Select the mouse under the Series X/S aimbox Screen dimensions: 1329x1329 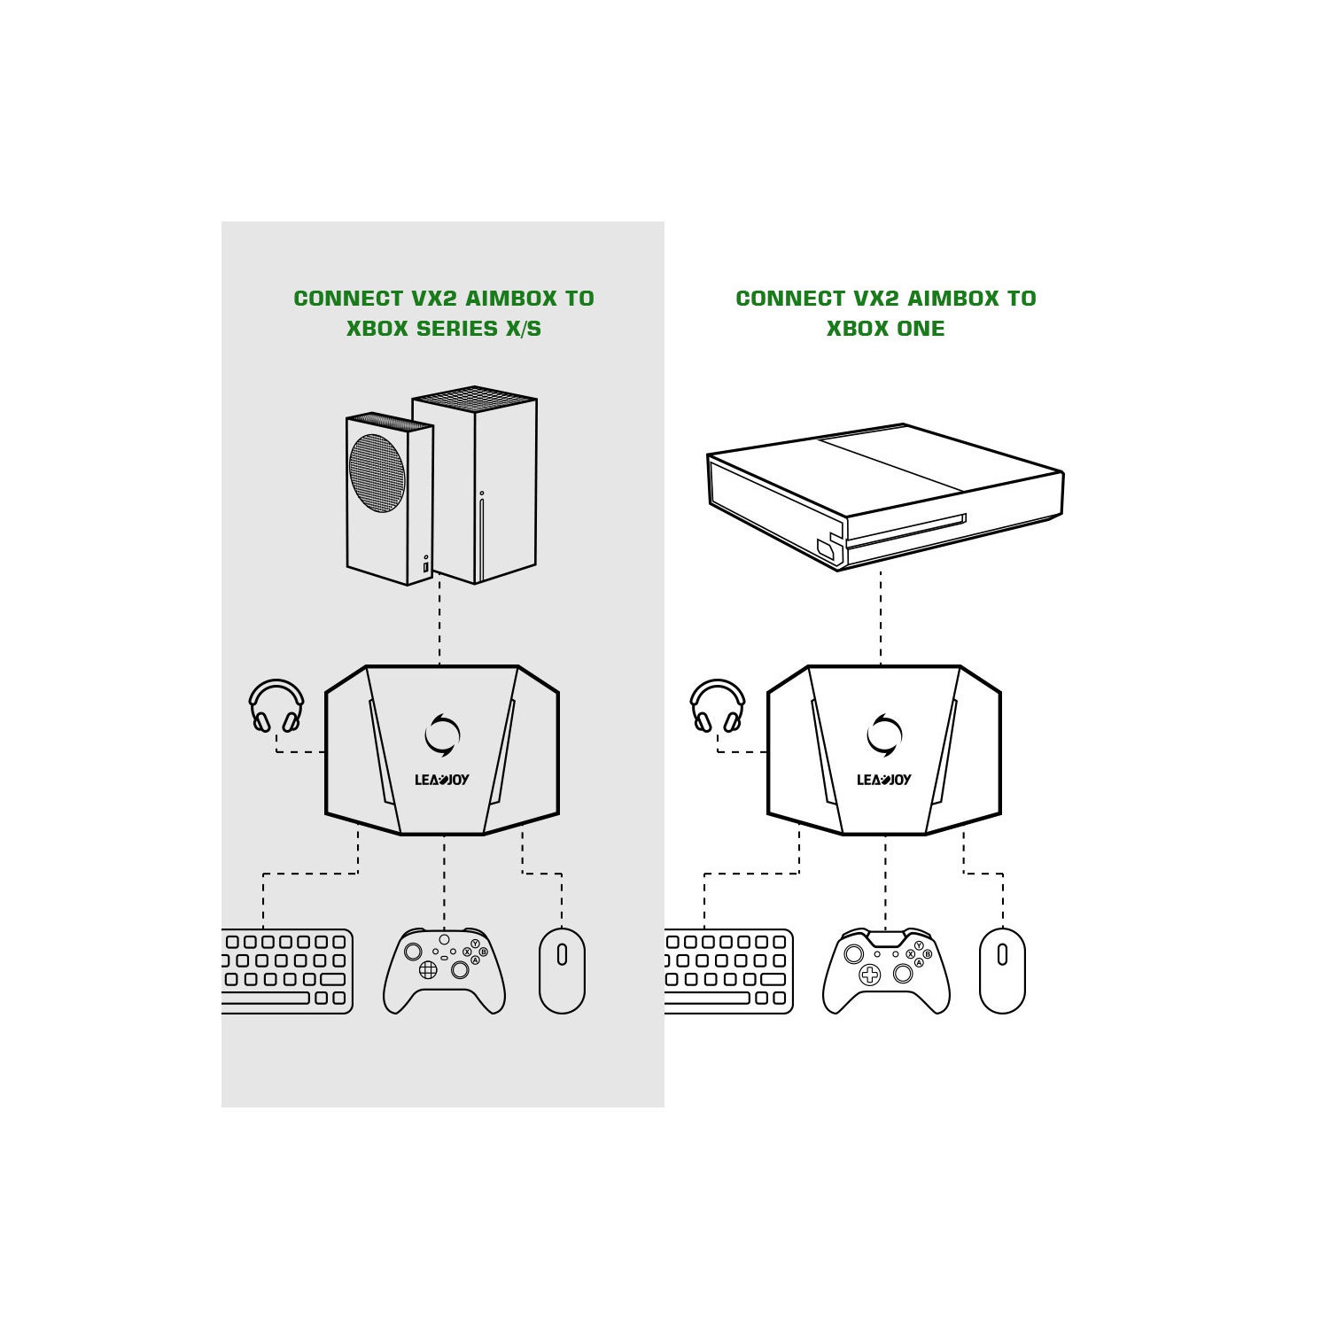point(562,970)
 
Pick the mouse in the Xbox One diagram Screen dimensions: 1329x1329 point(1002,970)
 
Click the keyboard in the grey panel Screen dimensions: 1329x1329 point(287,971)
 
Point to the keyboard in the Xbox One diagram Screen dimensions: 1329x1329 point(728,971)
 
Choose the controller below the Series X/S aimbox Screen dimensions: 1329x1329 point(444,971)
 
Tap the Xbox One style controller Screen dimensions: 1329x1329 point(886,971)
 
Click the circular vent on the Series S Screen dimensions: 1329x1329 point(377,473)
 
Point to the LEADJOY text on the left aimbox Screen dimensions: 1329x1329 point(442,780)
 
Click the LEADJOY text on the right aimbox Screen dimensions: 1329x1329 point(883,780)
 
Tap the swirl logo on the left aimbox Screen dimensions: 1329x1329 point(442,734)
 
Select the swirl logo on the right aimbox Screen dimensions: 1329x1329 point(884,734)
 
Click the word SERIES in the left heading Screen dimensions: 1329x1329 point(457,329)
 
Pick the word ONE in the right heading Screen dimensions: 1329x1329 point(921,329)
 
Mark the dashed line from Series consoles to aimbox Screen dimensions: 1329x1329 point(439,620)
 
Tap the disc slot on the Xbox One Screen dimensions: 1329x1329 point(905,529)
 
